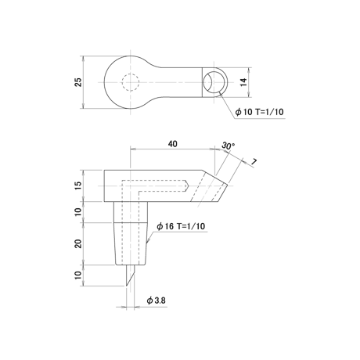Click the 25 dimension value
(x=78, y=82)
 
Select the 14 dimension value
(x=243, y=82)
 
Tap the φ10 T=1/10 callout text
(x=259, y=112)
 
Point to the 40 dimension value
(x=172, y=144)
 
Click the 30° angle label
(x=228, y=146)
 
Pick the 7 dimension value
(x=254, y=162)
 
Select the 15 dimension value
(x=78, y=185)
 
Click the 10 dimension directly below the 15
(x=78, y=212)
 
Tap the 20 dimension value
(x=78, y=243)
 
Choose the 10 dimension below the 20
(x=78, y=275)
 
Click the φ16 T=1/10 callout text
(x=181, y=226)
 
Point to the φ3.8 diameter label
(x=156, y=301)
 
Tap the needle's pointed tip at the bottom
(x=127, y=286)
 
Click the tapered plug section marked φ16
(x=131, y=244)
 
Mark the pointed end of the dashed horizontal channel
(x=189, y=186)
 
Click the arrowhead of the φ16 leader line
(x=147, y=242)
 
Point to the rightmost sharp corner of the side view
(x=228, y=185)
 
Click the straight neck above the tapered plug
(x=131, y=212)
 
